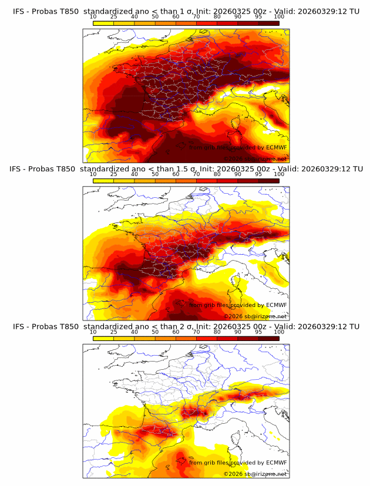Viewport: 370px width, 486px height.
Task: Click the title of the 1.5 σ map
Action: pyautogui.click(x=186, y=169)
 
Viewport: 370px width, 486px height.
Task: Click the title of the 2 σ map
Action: pyautogui.click(x=186, y=326)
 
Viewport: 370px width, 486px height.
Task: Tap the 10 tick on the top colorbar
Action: pyautogui.click(x=93, y=17)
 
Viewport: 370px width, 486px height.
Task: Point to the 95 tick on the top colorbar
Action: pyautogui.click(x=258, y=17)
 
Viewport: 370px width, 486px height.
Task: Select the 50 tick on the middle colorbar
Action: pyautogui.click(x=155, y=175)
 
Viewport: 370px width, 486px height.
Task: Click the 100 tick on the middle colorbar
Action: pyautogui.click(x=279, y=175)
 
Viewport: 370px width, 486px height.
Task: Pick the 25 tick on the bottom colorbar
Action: pyautogui.click(x=114, y=332)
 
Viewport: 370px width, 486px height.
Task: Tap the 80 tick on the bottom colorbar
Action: pyautogui.click(x=217, y=332)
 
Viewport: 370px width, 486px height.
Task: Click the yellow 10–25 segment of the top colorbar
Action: pyautogui.click(x=103, y=23)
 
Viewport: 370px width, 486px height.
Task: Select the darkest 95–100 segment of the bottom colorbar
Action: pyautogui.click(x=268, y=338)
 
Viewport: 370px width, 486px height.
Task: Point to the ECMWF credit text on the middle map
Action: pyautogui.click(x=238, y=305)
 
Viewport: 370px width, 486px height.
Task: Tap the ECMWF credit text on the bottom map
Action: pyautogui.click(x=238, y=463)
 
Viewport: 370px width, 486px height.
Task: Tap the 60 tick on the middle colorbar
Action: pyautogui.click(x=176, y=175)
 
